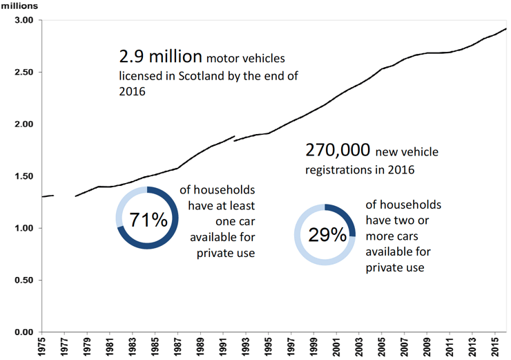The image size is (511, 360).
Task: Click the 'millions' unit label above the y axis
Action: [x=19, y=6]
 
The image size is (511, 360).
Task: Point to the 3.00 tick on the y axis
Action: [x=23, y=21]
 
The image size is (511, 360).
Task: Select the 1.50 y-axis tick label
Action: [x=23, y=177]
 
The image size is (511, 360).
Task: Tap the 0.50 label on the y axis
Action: [x=23, y=281]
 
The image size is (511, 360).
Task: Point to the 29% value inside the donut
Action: [x=327, y=236]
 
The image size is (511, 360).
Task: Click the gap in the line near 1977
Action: [x=64, y=196]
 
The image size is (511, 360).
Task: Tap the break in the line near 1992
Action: [x=235, y=138]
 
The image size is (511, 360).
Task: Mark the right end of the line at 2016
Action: [x=506, y=28]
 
